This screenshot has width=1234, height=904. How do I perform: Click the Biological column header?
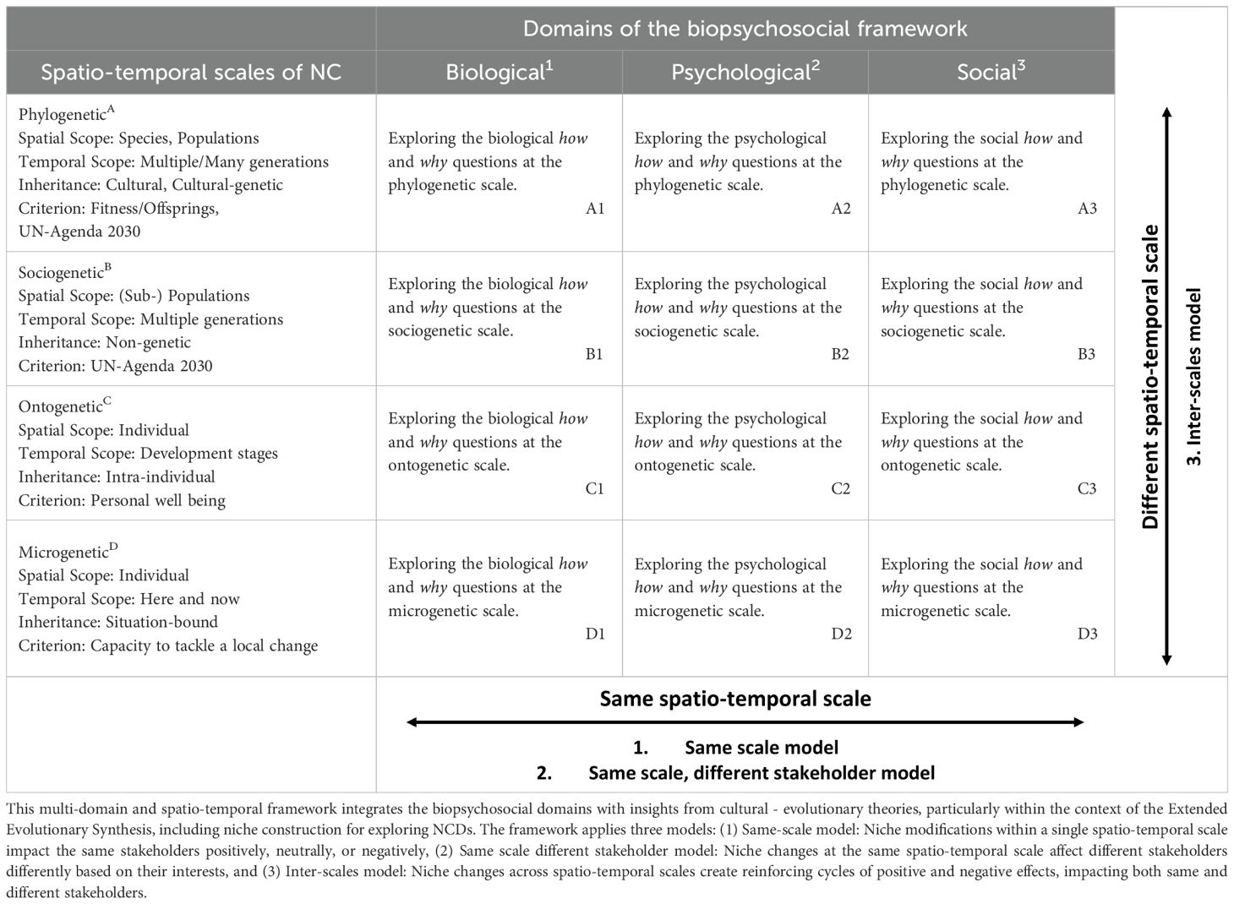click(499, 72)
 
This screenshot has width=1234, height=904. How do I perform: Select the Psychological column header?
click(745, 72)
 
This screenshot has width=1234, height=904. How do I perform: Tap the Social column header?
click(991, 72)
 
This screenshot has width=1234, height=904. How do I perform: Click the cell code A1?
click(595, 209)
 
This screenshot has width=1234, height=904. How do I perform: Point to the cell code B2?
click(840, 354)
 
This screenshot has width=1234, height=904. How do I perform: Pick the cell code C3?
click(1087, 488)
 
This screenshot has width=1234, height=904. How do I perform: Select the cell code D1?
click(595, 634)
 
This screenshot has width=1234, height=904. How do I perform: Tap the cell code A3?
click(1087, 209)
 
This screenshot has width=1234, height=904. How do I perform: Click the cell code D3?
click(1087, 634)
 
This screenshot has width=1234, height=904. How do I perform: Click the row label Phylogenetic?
click(64, 114)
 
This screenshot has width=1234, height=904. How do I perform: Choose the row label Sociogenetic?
click(64, 272)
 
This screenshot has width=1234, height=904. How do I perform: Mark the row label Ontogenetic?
click(64, 406)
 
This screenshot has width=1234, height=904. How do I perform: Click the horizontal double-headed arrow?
click(745, 722)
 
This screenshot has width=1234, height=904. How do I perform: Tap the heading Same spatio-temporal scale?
click(734, 699)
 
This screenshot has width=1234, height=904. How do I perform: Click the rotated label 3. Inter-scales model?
click(1196, 376)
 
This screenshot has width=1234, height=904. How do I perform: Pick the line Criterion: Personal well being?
click(122, 500)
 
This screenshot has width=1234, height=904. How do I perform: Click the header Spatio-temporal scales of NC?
click(191, 72)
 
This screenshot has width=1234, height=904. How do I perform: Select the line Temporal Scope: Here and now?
click(129, 599)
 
